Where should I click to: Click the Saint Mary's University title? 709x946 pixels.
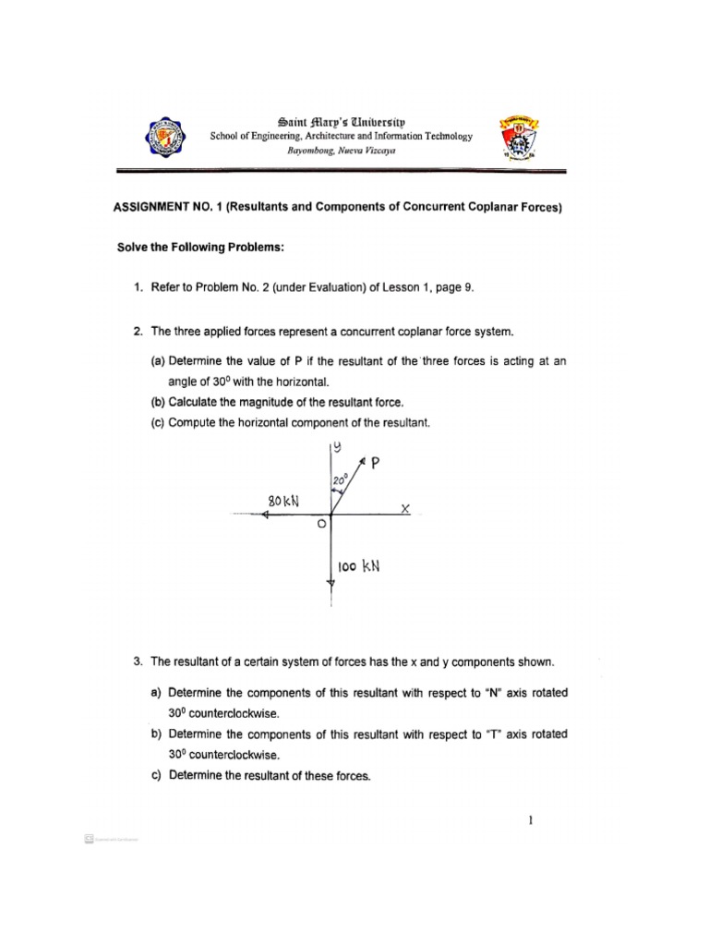341,121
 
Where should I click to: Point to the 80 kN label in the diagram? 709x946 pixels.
284,501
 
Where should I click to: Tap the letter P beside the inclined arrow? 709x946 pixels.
375,465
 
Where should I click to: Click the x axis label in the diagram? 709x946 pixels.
404,508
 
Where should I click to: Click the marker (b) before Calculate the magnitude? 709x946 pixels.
159,402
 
